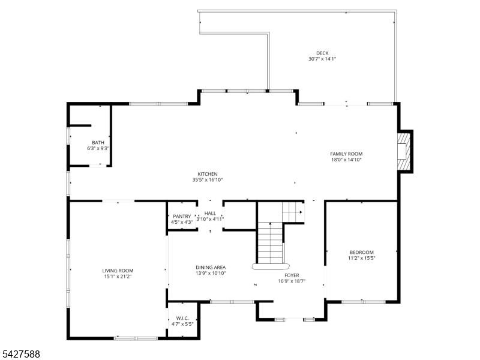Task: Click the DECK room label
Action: (x=322, y=53)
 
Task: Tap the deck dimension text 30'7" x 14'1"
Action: (x=322, y=59)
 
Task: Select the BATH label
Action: (x=98, y=142)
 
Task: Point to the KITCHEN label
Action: (x=208, y=174)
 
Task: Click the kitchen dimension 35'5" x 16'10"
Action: (x=208, y=179)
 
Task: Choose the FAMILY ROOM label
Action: (x=346, y=154)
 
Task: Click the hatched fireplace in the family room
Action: (x=404, y=151)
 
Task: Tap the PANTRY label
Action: (x=182, y=216)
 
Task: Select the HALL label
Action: (x=210, y=213)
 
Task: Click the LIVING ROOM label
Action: (x=118, y=271)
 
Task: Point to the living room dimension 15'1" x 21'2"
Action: (x=118, y=277)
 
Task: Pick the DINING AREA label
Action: (x=211, y=267)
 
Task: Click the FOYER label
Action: (x=292, y=275)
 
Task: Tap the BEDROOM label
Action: (x=362, y=252)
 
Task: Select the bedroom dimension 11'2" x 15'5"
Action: (x=362, y=258)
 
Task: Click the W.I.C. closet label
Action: (x=182, y=318)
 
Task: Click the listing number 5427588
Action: (x=20, y=354)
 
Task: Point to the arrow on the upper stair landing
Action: (x=301, y=212)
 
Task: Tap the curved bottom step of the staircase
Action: (x=271, y=266)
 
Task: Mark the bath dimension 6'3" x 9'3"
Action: (x=98, y=148)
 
